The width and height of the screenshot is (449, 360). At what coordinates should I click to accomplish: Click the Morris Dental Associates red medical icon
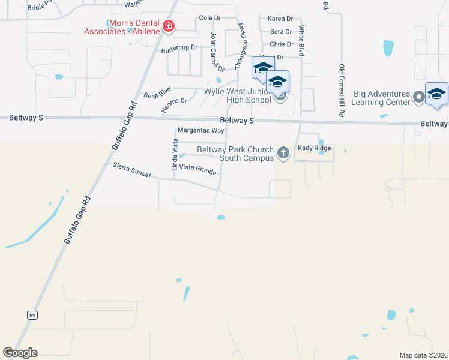click(x=169, y=26)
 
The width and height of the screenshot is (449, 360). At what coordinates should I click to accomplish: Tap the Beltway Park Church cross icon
click(x=283, y=154)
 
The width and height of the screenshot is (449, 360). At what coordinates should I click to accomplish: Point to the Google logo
click(x=20, y=353)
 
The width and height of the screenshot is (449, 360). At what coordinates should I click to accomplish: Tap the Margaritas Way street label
click(x=200, y=130)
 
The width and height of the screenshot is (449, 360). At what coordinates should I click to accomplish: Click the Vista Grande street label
click(x=197, y=171)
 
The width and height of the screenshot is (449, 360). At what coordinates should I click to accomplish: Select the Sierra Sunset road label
click(x=131, y=169)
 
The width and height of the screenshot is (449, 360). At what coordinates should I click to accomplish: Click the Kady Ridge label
click(x=314, y=148)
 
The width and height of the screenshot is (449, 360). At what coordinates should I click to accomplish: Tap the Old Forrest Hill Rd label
click(x=341, y=90)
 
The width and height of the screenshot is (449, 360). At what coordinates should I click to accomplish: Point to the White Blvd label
click(x=301, y=41)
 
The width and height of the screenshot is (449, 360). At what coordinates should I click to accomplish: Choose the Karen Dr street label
click(x=279, y=19)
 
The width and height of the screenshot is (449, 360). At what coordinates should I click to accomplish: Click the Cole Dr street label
click(x=210, y=18)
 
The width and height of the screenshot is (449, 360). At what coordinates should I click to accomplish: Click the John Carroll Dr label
click(x=217, y=53)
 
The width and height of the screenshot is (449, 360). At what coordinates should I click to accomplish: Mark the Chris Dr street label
click(x=282, y=44)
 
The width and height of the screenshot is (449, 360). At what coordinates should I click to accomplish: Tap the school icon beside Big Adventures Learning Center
click(x=436, y=95)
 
